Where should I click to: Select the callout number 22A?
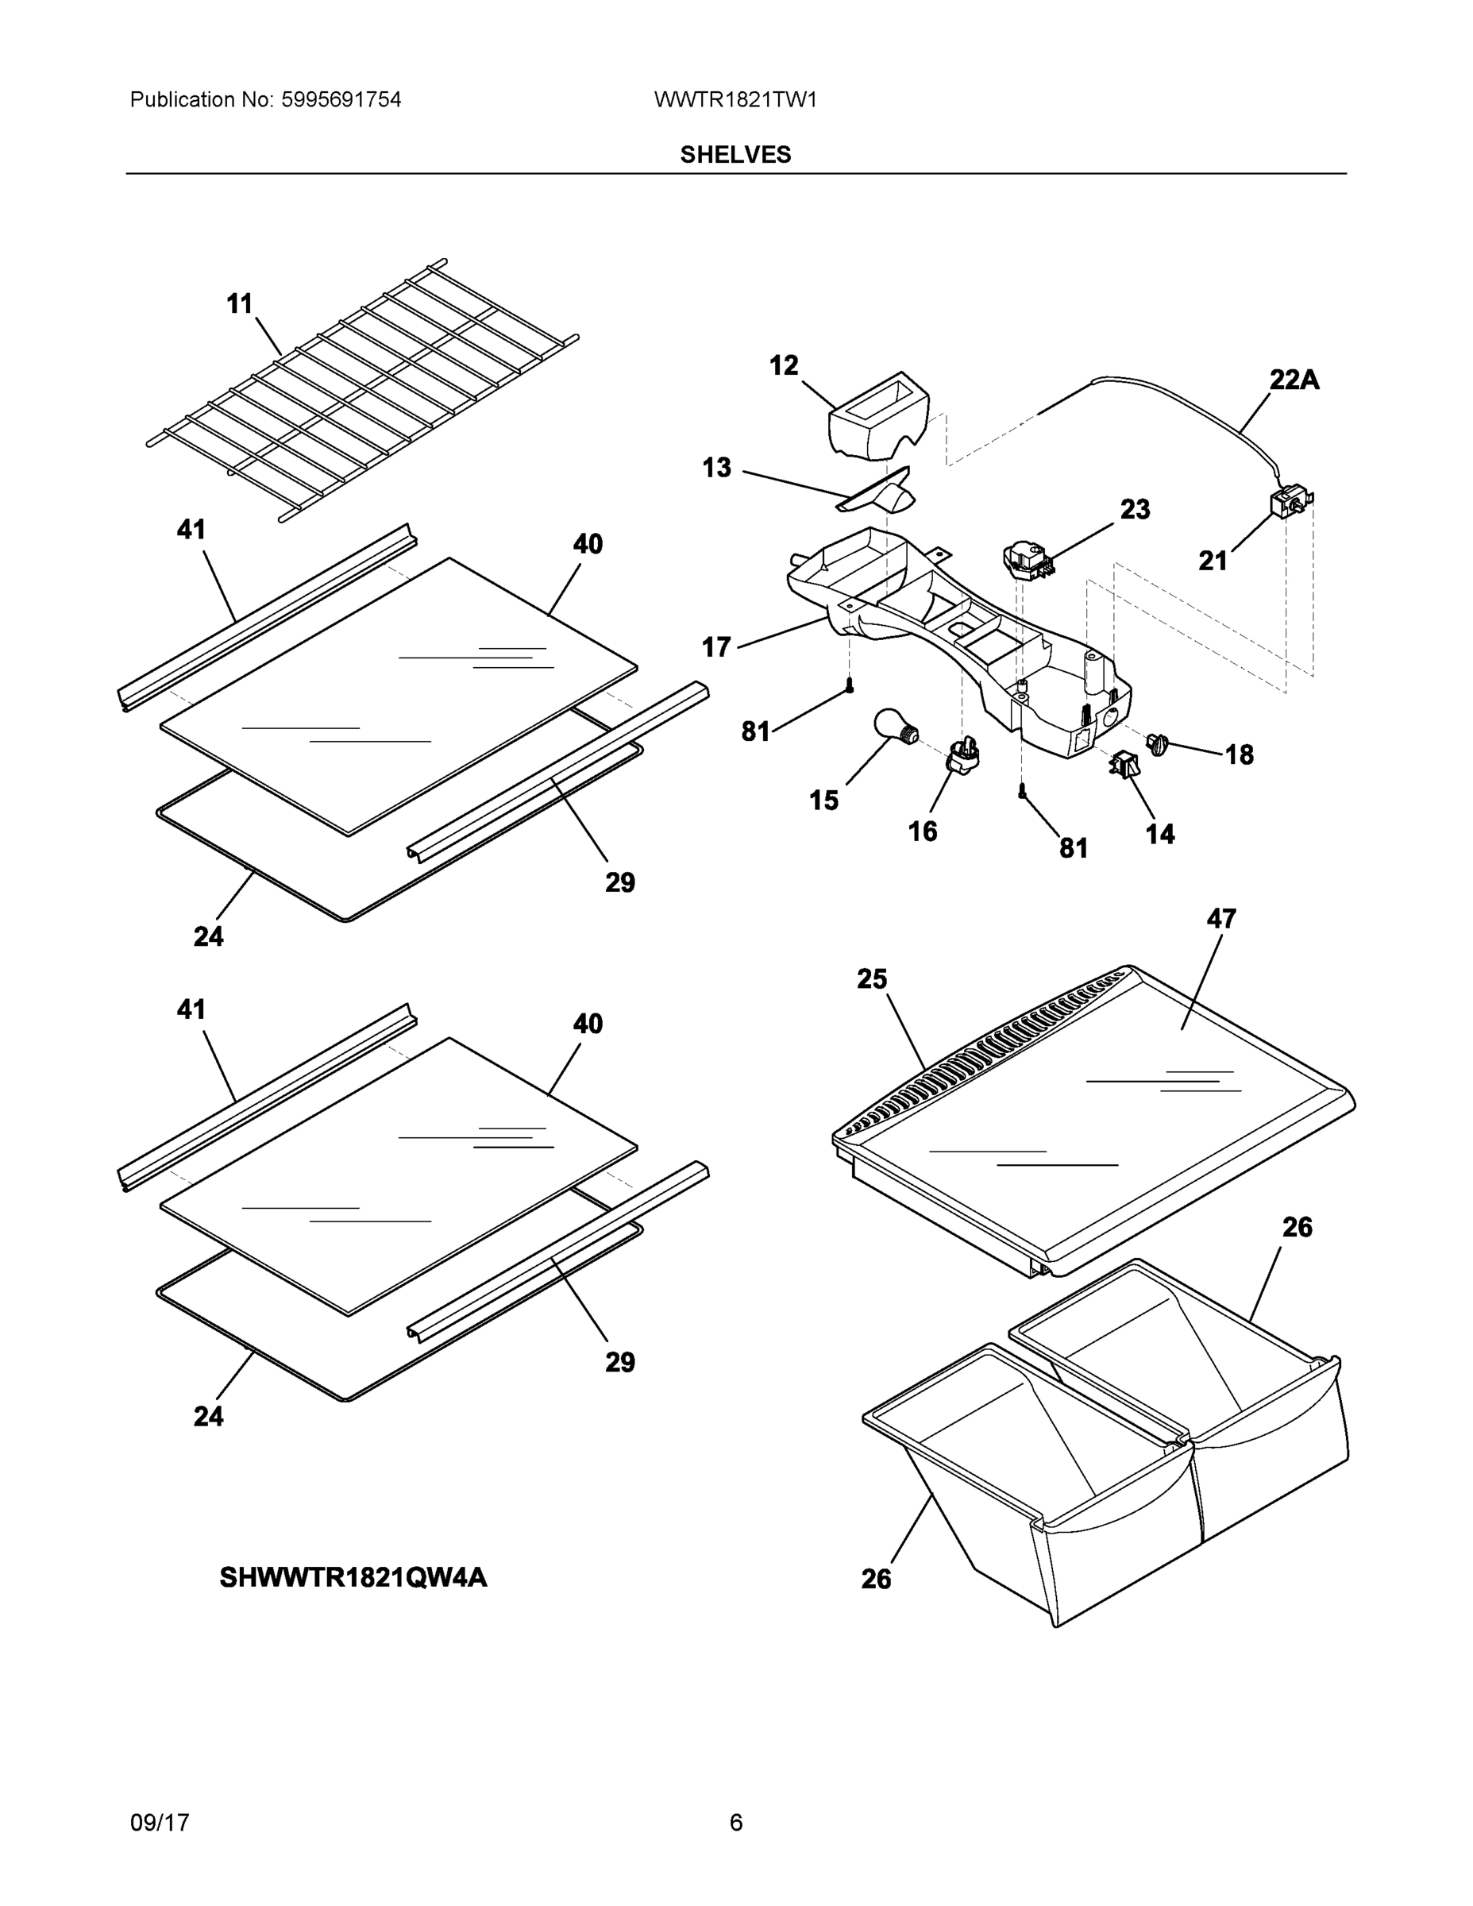(1294, 380)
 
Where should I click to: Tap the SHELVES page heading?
(735, 155)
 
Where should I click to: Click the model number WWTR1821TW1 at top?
(735, 99)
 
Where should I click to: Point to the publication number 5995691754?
(341, 99)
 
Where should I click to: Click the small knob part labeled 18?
(1158, 744)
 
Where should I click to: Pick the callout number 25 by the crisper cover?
(872, 979)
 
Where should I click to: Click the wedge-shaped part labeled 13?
(881, 494)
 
